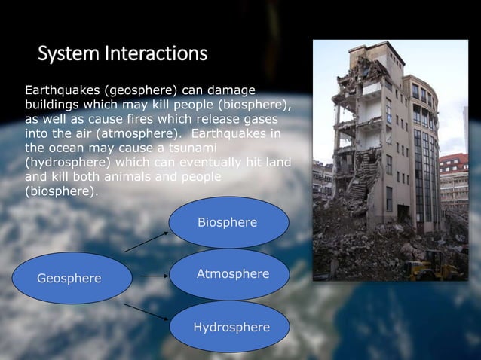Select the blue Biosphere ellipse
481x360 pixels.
tap(228, 223)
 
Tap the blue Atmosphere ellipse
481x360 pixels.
tap(231, 275)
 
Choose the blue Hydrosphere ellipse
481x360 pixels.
tap(231, 328)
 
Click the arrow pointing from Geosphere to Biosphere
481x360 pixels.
tap(146, 242)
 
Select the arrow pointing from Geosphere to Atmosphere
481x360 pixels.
tap(154, 276)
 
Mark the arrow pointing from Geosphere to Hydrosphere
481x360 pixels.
tap(146, 312)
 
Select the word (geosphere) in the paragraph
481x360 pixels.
tap(124, 91)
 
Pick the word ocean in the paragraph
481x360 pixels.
tap(66, 148)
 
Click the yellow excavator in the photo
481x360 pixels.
tap(427, 265)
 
